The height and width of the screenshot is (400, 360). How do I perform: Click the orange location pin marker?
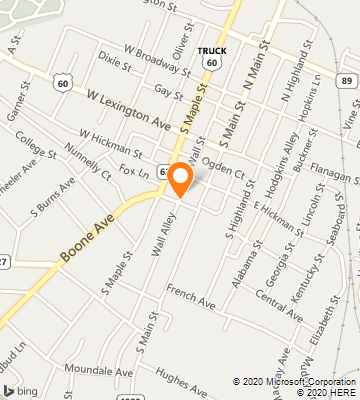(x=181, y=179)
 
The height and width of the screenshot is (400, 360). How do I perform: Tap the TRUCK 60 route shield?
(x=211, y=57)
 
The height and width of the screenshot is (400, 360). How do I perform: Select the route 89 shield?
(x=345, y=79)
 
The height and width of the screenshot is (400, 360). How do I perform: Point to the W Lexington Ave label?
(x=128, y=109)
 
